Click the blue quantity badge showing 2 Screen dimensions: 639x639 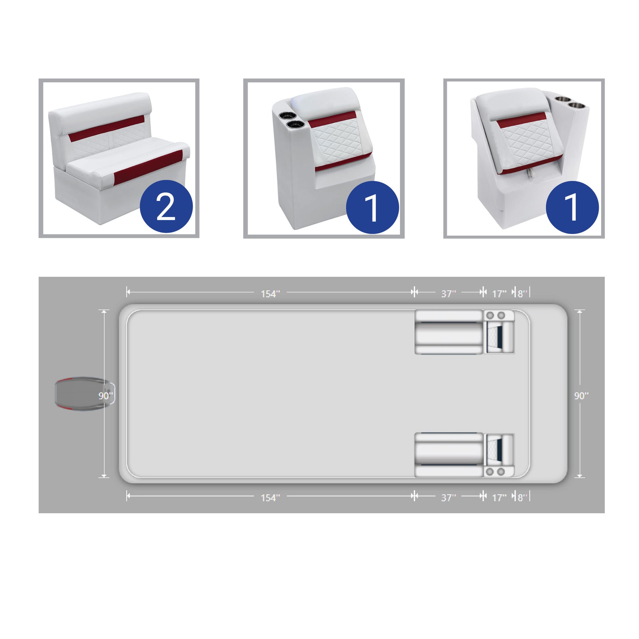pyautogui.click(x=166, y=207)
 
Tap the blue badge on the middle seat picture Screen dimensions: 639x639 pyautogui.click(x=372, y=208)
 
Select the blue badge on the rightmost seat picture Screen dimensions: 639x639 pyautogui.click(x=572, y=208)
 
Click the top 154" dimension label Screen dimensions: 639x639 pyautogui.click(x=270, y=294)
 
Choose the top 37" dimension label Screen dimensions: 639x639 pyautogui.click(x=449, y=294)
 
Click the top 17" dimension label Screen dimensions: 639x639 pyautogui.click(x=499, y=294)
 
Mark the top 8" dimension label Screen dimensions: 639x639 pyautogui.click(x=522, y=294)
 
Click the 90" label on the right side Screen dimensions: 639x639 pyautogui.click(x=581, y=396)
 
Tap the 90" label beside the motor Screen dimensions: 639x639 pyautogui.click(x=105, y=396)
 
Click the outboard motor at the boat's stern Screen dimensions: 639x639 pyautogui.click(x=85, y=396)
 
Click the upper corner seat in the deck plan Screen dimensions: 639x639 pyautogui.click(x=499, y=332)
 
